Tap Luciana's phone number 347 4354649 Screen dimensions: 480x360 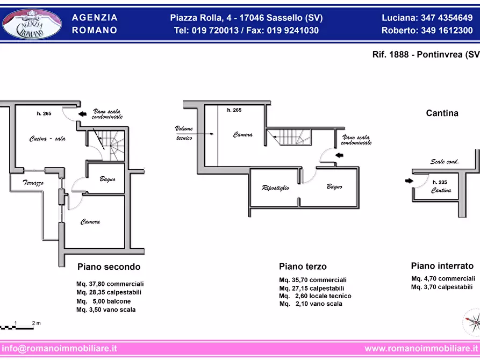pos(447,18)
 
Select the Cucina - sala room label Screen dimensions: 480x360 pos(47,139)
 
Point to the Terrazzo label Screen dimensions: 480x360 pos(33,183)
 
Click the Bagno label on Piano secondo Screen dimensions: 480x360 pos(108,179)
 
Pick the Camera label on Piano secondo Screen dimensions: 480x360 pos(90,221)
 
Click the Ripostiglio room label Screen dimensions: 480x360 pos(276,188)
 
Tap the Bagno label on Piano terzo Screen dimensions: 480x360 pos(334,186)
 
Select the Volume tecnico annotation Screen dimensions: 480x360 pos(184,133)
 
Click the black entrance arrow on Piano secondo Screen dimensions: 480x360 pos(82,114)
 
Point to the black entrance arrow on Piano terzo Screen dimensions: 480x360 pos(339,155)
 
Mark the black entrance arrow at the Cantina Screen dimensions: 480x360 pos(409,181)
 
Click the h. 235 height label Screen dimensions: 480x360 pos(440,182)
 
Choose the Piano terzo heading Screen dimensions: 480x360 pos(303,267)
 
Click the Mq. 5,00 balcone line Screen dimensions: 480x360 pos(103,301)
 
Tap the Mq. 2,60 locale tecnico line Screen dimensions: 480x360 pos(316,296)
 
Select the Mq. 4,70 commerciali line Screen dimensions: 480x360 pos(443,278)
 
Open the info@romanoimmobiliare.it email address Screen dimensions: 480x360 pos(59,348)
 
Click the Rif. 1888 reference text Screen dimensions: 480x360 pos(390,54)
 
